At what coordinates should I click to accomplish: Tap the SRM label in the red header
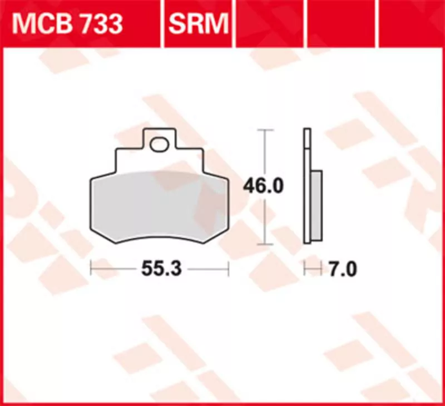click(198, 24)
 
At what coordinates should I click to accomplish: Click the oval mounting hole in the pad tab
click(159, 144)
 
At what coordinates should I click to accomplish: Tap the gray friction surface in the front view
click(159, 206)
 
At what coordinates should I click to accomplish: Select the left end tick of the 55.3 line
click(91, 269)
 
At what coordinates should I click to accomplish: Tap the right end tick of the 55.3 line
click(229, 269)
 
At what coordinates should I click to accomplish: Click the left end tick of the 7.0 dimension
click(305, 269)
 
